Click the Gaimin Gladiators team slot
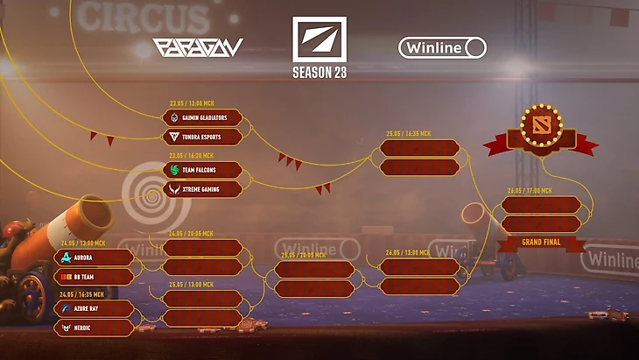202,118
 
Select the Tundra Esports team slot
202,137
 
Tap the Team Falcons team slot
202,170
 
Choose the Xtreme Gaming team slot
202,188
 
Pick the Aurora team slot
94,258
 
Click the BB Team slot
94,277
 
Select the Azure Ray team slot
94,309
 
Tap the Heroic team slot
94,328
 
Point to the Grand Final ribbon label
540,241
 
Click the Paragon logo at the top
198,47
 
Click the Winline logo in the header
442,47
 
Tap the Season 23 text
319,73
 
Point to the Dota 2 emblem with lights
541,127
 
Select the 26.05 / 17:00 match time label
530,191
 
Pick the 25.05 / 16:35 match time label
409,134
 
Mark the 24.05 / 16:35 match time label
82,295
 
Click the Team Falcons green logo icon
174,170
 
